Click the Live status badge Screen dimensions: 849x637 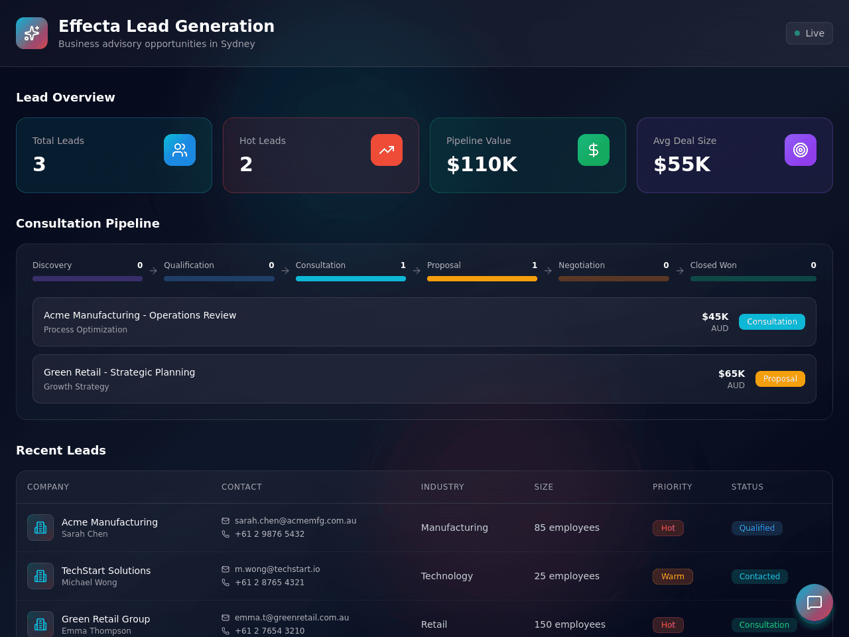[809, 33]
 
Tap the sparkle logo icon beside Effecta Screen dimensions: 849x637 [32, 33]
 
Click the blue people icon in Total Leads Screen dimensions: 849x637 [180, 150]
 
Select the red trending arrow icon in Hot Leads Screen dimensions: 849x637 [387, 150]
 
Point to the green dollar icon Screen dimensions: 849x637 [594, 150]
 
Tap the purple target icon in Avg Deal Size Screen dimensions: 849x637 [801, 150]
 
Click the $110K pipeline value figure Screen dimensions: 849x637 [482, 164]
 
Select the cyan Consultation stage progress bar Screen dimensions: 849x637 [350, 279]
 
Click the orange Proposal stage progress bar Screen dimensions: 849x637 [482, 279]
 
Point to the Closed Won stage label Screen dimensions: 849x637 [713, 265]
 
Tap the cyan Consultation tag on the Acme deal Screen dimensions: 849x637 [771, 322]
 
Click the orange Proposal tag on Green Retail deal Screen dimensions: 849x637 [780, 379]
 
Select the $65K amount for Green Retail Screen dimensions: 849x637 [732, 374]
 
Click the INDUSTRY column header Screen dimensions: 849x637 [442, 487]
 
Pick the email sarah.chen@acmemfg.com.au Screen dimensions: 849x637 [295, 521]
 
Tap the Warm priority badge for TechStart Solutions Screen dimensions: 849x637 [673, 576]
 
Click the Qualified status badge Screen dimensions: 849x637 [757, 528]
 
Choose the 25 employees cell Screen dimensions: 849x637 [566, 576]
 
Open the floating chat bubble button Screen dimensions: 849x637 [815, 602]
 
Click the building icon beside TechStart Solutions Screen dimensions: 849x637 [40, 576]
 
